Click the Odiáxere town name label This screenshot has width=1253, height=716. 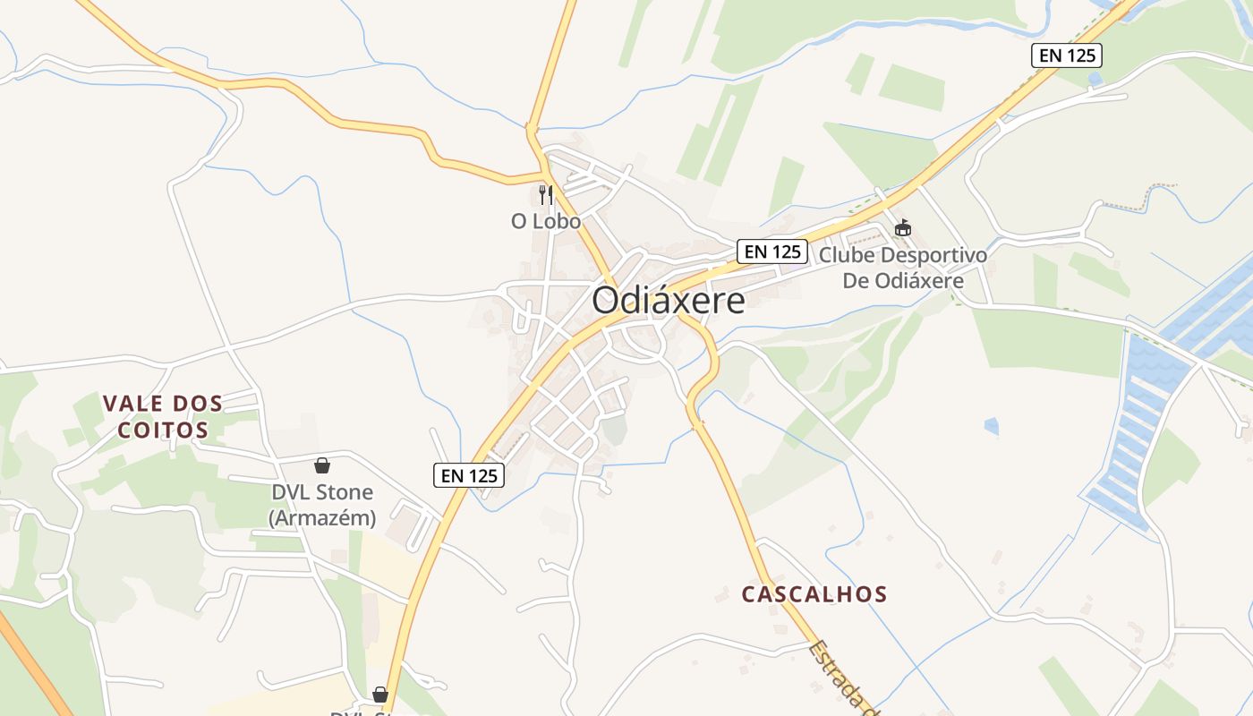(668, 301)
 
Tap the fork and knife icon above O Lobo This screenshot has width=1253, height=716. (546, 194)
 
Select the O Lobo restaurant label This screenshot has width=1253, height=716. (545, 221)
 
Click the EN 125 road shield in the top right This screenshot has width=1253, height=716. (1066, 55)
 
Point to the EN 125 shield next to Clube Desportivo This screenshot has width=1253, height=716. (772, 251)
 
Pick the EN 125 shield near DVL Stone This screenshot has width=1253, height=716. (469, 475)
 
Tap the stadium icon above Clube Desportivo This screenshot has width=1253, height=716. (902, 228)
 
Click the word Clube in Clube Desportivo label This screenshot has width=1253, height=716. (847, 256)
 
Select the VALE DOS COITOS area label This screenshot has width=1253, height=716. (162, 416)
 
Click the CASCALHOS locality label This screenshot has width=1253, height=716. (814, 594)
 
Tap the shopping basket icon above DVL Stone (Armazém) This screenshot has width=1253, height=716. (322, 465)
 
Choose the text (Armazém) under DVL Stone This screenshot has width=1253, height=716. (322, 518)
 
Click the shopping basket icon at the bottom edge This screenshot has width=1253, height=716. (380, 695)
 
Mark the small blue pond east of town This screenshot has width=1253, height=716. (991, 426)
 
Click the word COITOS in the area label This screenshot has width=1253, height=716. (162, 430)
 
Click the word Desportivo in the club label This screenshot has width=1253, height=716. (933, 256)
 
